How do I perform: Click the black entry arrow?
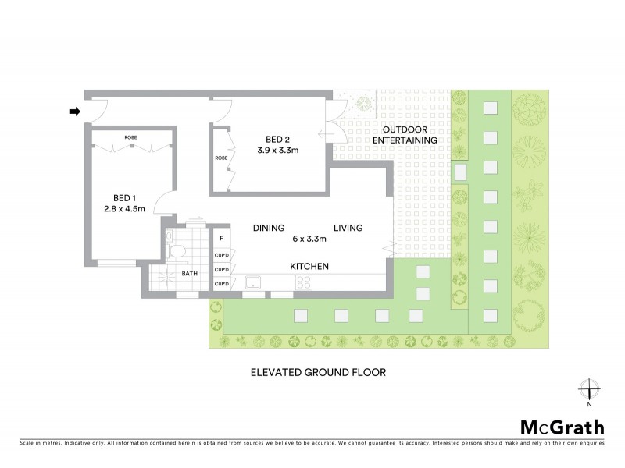[75, 112]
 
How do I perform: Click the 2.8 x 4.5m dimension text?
[123, 209]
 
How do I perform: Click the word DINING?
[267, 228]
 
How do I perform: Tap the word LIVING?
[348, 228]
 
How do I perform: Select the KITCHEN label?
[309, 267]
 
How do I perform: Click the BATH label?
[190, 274]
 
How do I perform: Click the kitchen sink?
[253, 282]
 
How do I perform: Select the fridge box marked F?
[221, 238]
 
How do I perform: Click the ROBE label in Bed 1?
[130, 137]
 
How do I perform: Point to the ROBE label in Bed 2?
[220, 158]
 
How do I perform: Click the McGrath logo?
[562, 427]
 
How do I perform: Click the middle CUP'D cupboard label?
[221, 268]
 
